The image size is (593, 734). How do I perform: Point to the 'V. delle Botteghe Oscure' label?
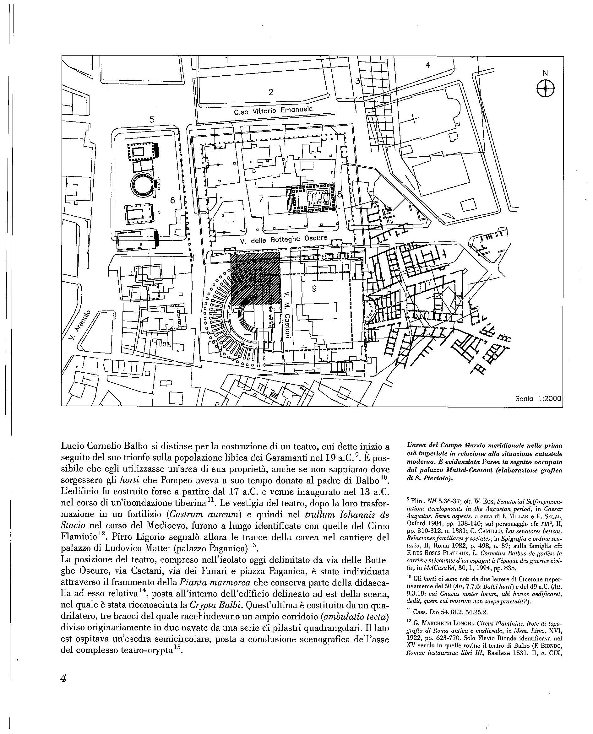(284, 239)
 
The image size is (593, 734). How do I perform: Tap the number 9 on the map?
(314, 289)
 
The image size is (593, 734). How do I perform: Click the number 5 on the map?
(152, 120)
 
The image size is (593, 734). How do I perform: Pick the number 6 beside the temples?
(172, 200)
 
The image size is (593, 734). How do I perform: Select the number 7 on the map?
(261, 198)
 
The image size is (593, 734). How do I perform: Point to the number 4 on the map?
(428, 65)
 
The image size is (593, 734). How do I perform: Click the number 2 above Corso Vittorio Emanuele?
(271, 92)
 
